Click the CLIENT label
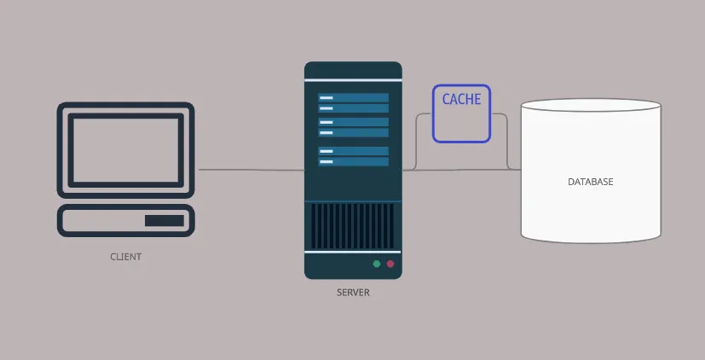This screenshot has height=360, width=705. pos(125,256)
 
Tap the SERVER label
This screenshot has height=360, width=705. pos(353,292)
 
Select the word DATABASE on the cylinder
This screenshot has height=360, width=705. pos(590,182)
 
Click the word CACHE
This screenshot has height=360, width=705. pos(461,99)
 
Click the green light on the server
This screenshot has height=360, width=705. pos(376,264)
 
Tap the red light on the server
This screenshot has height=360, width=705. pos(390,264)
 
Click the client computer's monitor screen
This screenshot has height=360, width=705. pos(125,146)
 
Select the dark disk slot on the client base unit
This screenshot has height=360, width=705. pos(164,221)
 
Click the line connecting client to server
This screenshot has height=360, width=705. pos(251,170)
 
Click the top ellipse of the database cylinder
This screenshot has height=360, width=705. pos(592,106)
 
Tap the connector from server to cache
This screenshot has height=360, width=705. pos(417,141)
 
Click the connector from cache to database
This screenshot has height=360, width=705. pos(507,141)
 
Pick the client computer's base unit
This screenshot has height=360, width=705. pos(125,221)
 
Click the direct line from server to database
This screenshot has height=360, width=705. pos(460,169)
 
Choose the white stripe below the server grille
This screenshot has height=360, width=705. pos(353,252)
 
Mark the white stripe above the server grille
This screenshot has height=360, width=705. pos(353,200)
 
